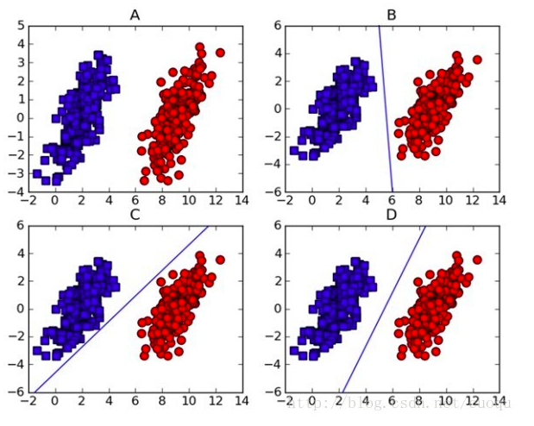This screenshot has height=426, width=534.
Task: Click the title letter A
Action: pos(135,15)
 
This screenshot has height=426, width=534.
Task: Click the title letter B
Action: pos(392,15)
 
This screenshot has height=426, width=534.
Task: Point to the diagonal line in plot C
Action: pos(121,309)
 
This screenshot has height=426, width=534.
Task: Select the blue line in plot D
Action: pos(384,309)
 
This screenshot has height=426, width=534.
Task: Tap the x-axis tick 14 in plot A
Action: pos(241,201)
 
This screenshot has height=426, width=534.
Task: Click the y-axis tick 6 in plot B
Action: pos(277,26)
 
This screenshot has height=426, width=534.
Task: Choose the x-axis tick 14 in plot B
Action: pos(499,201)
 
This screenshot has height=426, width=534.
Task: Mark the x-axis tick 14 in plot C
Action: pos(241,402)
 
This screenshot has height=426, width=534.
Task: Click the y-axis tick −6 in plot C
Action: pos(16,392)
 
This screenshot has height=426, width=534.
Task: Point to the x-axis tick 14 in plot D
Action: pos(499,402)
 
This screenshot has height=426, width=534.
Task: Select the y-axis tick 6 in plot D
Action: pos(277,227)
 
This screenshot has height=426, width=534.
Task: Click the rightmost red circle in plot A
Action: pos(220,53)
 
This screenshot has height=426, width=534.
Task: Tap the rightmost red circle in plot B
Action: pos(477,60)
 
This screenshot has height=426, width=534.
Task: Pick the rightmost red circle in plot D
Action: pos(477,260)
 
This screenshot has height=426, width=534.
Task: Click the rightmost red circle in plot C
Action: pos(220,260)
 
